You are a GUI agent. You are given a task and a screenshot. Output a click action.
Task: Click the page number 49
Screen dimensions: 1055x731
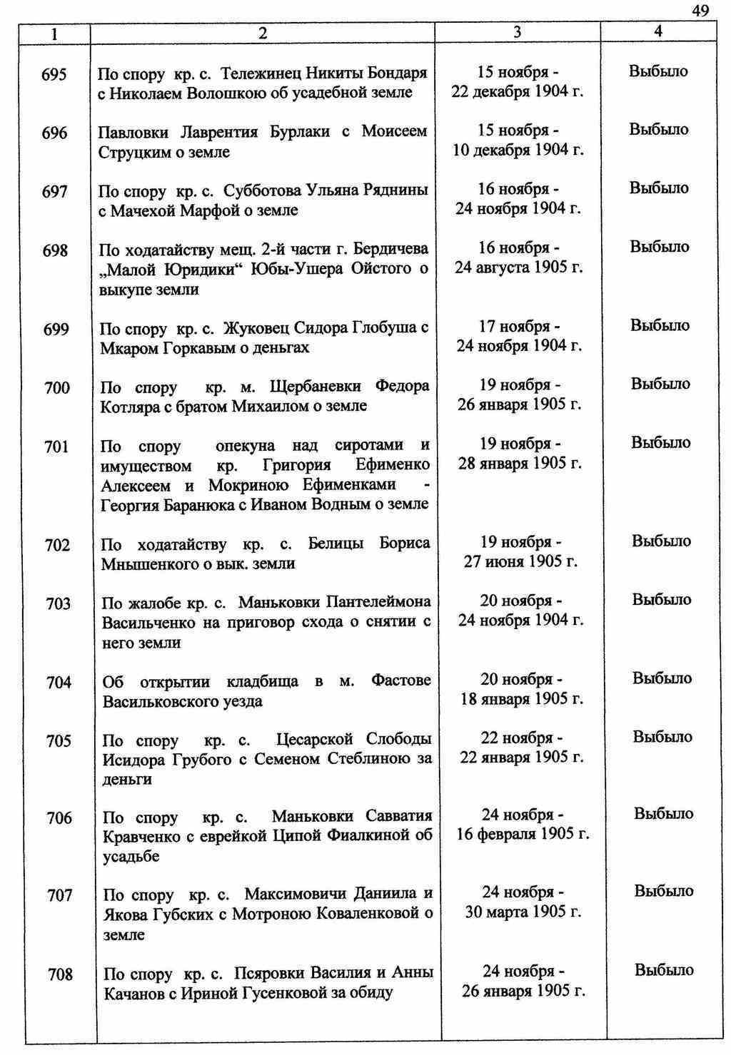700,10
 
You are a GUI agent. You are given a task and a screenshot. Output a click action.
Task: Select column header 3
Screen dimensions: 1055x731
518,32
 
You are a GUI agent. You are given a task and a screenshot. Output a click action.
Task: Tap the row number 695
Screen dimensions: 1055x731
55,74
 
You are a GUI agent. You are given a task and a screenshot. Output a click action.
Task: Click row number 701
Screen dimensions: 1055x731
56,447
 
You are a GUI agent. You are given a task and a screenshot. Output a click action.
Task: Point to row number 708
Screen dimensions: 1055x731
60,974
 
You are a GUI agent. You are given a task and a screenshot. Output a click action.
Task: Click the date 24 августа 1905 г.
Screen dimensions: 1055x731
519,267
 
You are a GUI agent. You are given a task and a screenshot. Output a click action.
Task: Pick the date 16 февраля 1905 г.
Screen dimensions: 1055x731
523,834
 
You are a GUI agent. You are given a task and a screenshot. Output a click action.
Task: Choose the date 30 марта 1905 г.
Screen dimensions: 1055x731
523,912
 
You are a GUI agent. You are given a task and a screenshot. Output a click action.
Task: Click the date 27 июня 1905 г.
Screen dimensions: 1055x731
520,561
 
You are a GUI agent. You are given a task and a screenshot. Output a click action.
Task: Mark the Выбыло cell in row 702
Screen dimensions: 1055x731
661,541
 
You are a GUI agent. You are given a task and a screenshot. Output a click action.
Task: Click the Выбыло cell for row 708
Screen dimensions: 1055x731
664,970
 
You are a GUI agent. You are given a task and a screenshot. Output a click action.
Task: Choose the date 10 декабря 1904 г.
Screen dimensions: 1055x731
518,150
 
